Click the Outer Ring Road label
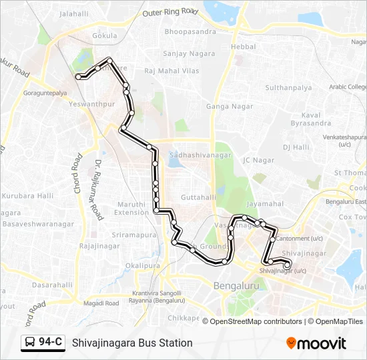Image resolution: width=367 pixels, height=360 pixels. pos(171,11)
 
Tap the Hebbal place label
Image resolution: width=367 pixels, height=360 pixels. pos(243,47)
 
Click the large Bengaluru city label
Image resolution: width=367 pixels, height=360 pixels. pos(236,286)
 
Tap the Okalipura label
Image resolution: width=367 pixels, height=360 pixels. pos(143,265)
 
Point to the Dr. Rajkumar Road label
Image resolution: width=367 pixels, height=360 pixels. pos(97,189)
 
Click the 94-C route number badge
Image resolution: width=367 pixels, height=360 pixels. pos(51,343)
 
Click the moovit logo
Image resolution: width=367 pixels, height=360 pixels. pos(316,343)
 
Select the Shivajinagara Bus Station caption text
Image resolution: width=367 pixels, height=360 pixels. pos(132,343)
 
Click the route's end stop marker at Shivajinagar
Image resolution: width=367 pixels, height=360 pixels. pos(287,265)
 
